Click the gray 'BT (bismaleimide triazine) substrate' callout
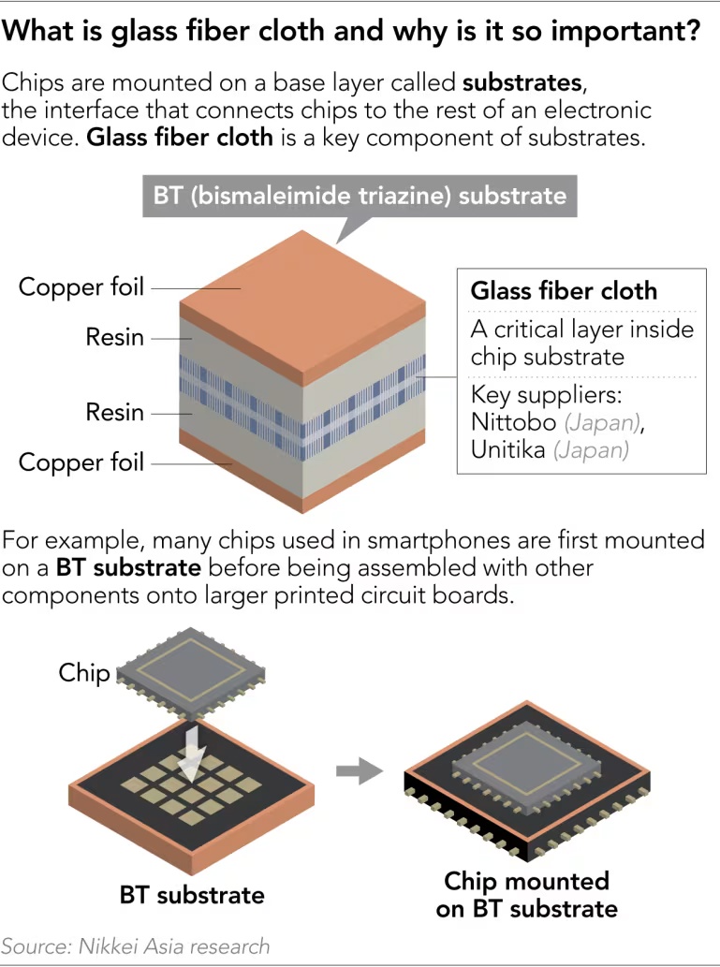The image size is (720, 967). pos(360,196)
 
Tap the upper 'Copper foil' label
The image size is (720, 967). pos(81,286)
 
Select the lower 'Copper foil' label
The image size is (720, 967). pos(81,462)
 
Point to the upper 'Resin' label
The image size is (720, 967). pos(115,336)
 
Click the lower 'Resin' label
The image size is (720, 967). pos(115,412)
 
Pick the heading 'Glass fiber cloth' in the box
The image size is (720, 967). pos(564,290)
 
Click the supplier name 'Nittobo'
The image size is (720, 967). pos(510,421)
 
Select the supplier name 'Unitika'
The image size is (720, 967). pos(508,449)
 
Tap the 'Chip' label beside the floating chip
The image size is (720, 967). pos(84,672)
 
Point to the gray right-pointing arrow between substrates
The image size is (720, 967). pos(360,772)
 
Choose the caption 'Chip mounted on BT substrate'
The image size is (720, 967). pos(526,894)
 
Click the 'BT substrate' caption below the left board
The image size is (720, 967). pos(192,894)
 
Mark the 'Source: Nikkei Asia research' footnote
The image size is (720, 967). pos(136,945)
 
